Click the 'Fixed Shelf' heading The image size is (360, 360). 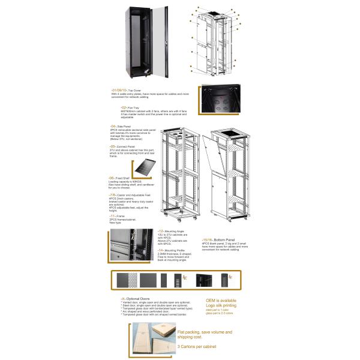click(120, 178)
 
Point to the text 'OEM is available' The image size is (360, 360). click(221, 300)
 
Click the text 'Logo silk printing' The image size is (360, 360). click(221, 305)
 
